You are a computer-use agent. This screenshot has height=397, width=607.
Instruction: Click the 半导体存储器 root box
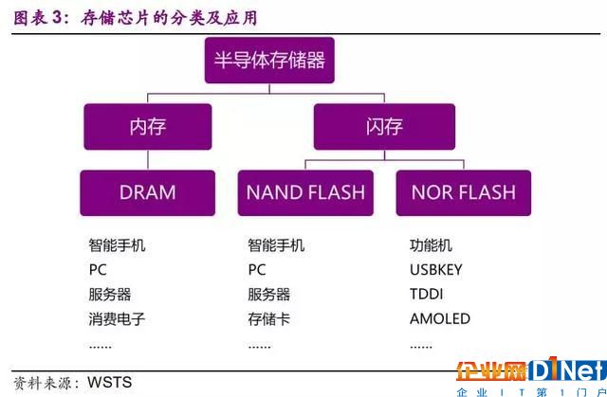[x=269, y=61]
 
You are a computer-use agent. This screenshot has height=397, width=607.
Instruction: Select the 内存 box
[x=148, y=127]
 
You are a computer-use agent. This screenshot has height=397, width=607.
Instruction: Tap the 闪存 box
[x=384, y=127]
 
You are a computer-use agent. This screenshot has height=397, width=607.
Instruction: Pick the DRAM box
[x=148, y=193]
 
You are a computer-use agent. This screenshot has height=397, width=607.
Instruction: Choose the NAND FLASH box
[x=305, y=193]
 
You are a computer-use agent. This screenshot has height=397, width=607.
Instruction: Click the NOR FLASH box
[x=464, y=193]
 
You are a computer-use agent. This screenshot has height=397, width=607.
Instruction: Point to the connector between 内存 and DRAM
[x=148, y=160]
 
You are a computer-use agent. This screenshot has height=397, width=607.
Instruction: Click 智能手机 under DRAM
[x=117, y=245]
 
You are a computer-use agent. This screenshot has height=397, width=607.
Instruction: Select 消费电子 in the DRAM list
[x=117, y=319]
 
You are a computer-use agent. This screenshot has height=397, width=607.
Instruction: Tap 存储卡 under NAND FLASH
[x=269, y=319]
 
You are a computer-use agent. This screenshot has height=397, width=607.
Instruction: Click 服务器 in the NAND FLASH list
[x=269, y=295]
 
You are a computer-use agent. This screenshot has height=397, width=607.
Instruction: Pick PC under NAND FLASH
[x=257, y=270]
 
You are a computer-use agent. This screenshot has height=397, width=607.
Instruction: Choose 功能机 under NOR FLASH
[x=431, y=245]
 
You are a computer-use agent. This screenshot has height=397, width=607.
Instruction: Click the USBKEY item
[x=436, y=270]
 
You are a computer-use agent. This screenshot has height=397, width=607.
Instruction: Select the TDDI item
[x=426, y=294]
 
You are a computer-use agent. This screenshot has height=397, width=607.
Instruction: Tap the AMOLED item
[x=440, y=319]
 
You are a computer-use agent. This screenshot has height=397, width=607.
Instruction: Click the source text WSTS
[x=110, y=382]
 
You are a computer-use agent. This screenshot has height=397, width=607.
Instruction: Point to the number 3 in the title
[x=57, y=18]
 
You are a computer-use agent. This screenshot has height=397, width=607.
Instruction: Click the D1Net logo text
[x=567, y=370]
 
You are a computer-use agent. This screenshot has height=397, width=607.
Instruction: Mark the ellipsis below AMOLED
[x=421, y=347]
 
